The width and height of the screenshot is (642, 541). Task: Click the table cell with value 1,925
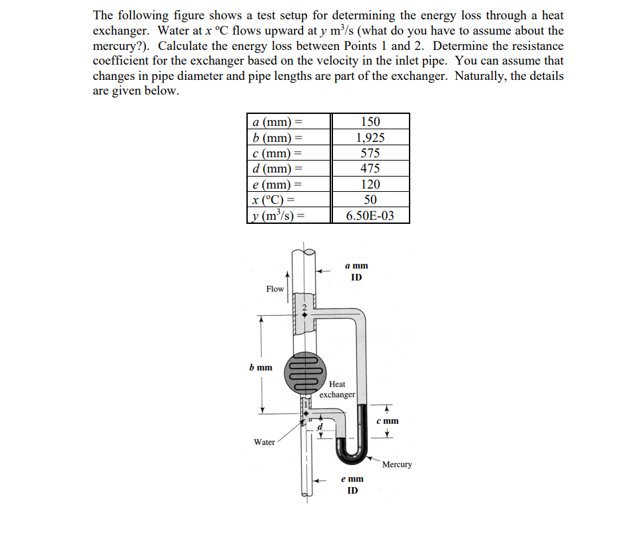click(370, 138)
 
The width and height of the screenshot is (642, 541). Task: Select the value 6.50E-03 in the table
click(370, 215)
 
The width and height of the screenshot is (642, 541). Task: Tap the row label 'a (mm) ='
click(278, 122)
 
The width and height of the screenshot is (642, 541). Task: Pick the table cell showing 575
click(370, 153)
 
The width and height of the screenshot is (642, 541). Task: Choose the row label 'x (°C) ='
click(274, 200)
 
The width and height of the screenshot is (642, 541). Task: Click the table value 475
click(370, 169)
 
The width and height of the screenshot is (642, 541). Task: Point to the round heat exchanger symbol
click(305, 372)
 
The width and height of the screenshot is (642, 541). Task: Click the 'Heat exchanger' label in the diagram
click(337, 389)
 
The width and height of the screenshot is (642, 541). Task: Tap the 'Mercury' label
click(397, 464)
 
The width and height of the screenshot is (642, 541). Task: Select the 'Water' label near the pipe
click(264, 442)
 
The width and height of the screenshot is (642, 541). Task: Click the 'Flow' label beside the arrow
click(274, 288)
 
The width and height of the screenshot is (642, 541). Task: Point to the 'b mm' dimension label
click(260, 367)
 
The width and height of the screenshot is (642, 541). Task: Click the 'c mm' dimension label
click(387, 420)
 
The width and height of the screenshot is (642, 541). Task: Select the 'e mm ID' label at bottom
click(352, 484)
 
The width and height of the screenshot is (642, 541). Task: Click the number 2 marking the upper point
click(304, 307)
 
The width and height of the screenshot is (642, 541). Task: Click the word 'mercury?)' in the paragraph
click(121, 45)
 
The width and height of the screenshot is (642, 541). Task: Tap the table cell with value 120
click(370, 185)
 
